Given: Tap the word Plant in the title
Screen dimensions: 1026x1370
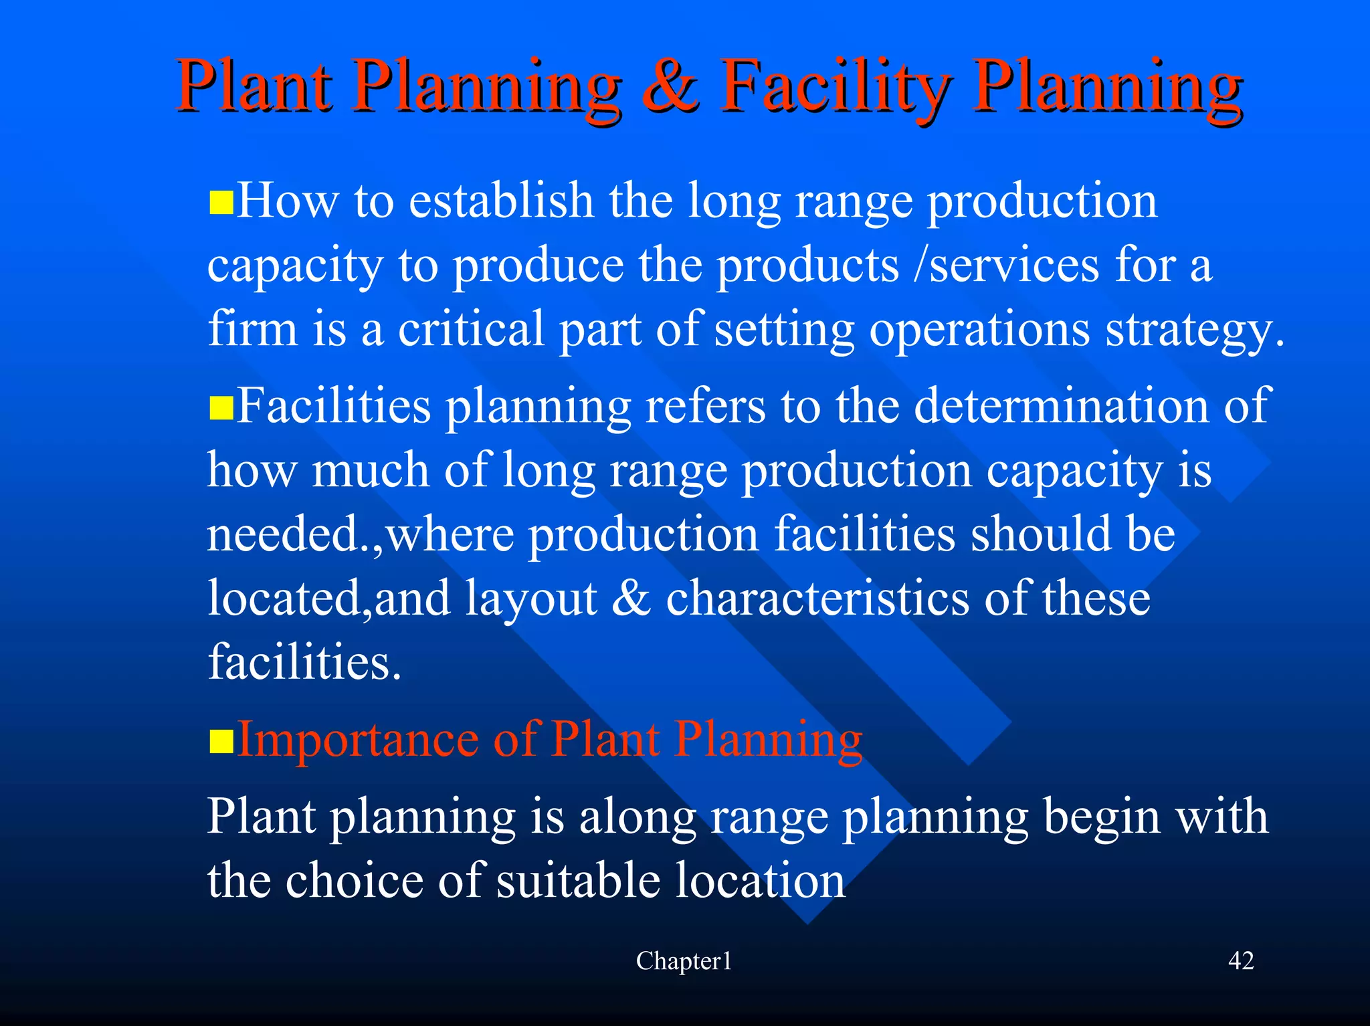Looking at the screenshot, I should coord(254,88).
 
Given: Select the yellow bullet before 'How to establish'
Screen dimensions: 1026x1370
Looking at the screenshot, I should coord(221,202).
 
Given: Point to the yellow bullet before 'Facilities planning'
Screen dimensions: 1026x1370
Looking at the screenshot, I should coord(221,407).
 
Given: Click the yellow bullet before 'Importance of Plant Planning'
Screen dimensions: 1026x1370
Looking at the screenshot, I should coord(221,741).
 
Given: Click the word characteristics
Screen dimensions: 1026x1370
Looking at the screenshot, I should coord(817,599).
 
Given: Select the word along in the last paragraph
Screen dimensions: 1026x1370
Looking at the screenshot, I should coord(636,817).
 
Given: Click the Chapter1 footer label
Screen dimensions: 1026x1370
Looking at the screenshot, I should coord(684,961).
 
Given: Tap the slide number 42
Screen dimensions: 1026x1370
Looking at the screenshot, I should coord(1241,961).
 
